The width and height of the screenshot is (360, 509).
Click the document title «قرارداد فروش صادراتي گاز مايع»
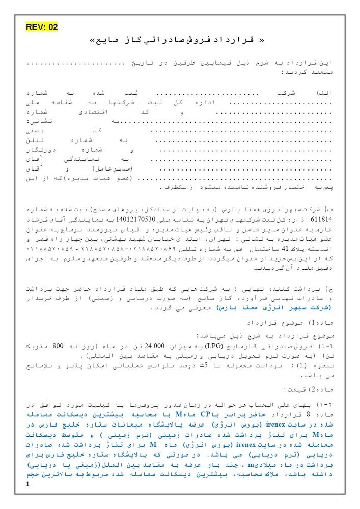coord(180,40)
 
